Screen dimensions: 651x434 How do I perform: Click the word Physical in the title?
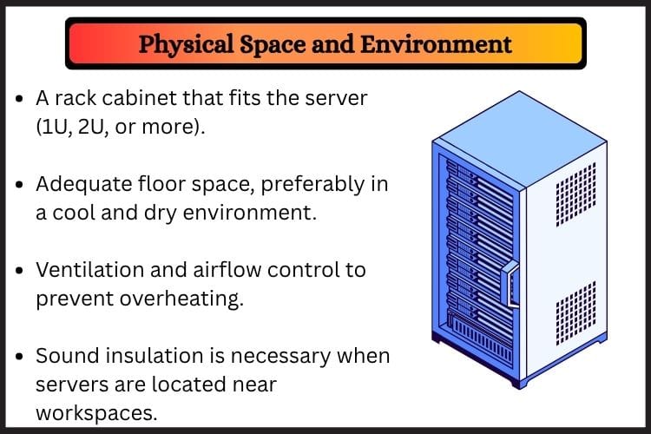tap(186, 45)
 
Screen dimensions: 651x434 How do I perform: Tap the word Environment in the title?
tap(436, 44)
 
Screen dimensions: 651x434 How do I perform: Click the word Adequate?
tap(84, 184)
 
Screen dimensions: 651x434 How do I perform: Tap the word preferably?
tap(312, 184)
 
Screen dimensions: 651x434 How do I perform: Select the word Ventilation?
tap(90, 270)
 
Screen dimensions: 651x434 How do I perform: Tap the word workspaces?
tap(96, 413)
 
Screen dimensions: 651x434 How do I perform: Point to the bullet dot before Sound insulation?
tap(19, 357)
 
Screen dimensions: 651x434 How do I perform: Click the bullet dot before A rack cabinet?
tap(19, 99)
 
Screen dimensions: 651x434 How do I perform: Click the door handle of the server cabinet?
tap(511, 284)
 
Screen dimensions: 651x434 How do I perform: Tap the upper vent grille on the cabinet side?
tap(575, 194)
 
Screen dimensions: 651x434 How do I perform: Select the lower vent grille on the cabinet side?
tap(575, 313)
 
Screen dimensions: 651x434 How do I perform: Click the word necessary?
tap(280, 357)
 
